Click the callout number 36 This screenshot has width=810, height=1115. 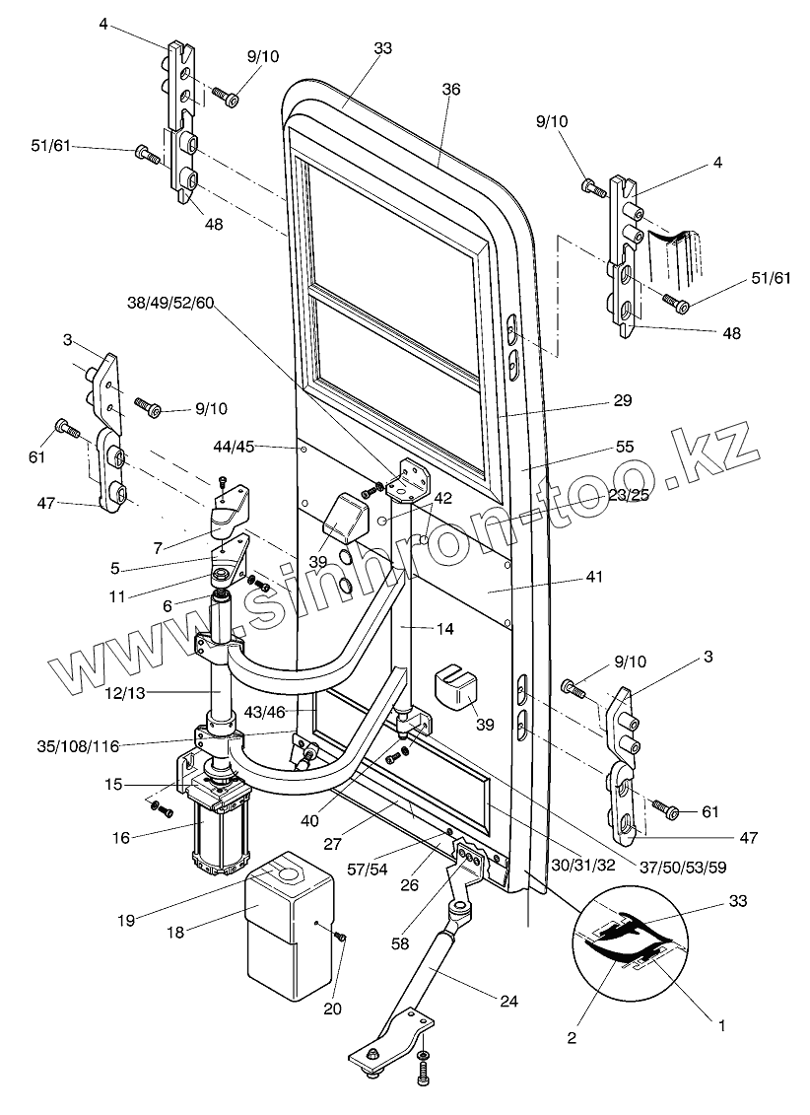point(450,90)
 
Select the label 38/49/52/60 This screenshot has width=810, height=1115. point(169,303)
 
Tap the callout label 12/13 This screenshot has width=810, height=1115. point(123,693)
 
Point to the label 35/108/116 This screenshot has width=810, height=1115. point(80,746)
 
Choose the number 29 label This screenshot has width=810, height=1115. point(622,401)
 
